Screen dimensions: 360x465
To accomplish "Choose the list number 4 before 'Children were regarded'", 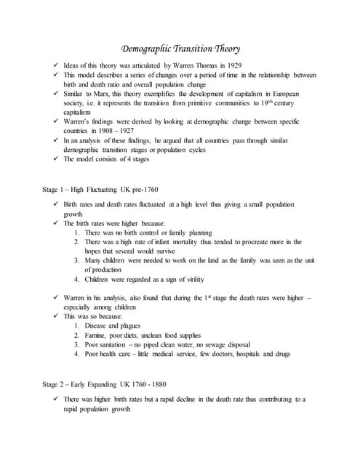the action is pos(76,280).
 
